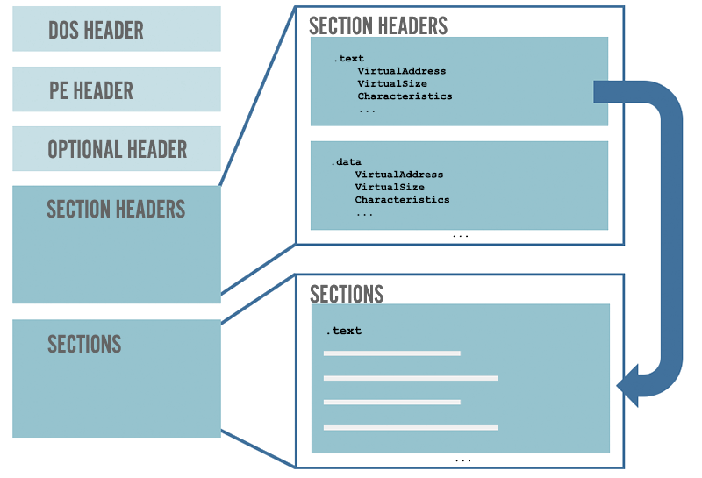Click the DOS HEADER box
[116, 29]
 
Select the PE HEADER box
[116, 89]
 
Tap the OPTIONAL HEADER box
[116, 149]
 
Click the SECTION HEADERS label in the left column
[116, 209]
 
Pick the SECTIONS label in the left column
[84, 343]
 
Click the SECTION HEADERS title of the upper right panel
[378, 25]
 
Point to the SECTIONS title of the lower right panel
[347, 293]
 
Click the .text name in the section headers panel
[348, 59]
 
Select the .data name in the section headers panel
[346, 162]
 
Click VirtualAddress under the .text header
[401, 71]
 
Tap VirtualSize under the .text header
[391, 83]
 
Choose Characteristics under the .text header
[405, 96]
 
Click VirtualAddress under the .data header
[399, 175]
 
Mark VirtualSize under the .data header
[390, 187]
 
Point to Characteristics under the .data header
[402, 200]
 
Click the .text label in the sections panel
[344, 331]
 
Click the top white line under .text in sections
[391, 353]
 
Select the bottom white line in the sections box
[411, 428]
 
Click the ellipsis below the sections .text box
[463, 460]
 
